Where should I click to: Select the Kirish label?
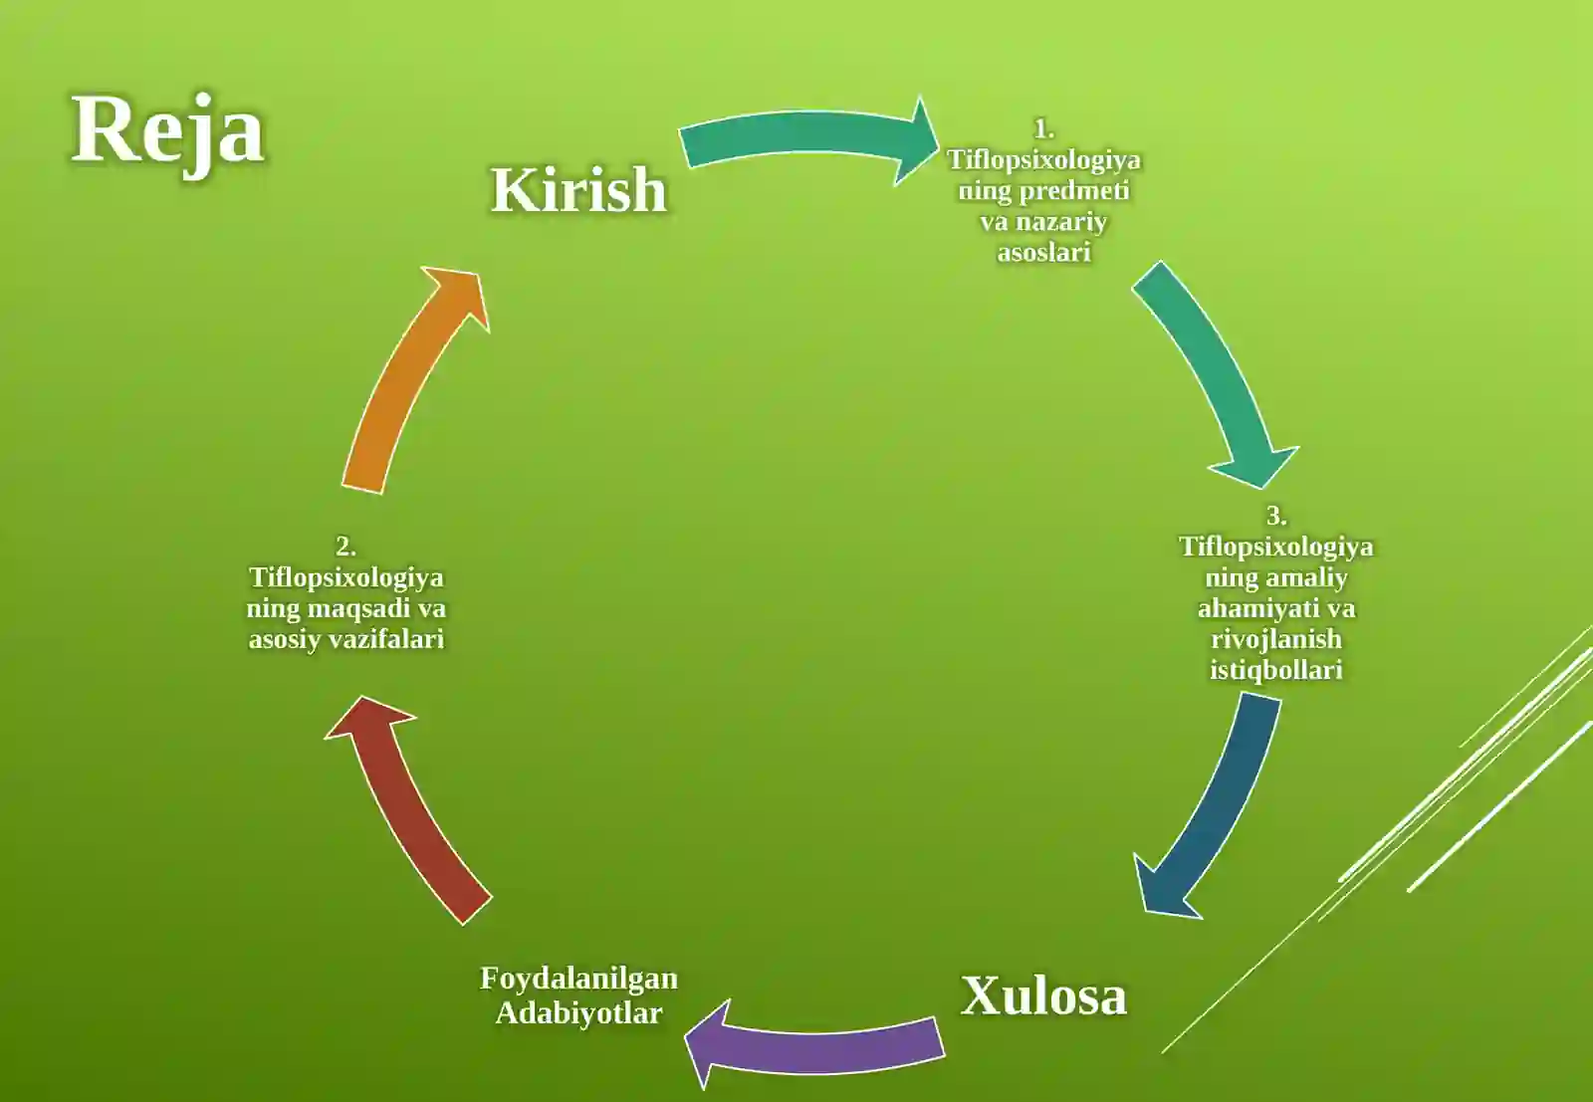[x=578, y=190]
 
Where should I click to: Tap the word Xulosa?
[x=1044, y=996]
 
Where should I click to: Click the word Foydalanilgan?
[x=578, y=980]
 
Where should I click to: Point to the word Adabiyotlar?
[x=578, y=1013]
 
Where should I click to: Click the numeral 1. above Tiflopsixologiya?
[x=1044, y=129]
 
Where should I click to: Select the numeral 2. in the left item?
[x=345, y=547]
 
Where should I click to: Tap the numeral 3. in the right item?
[x=1276, y=517]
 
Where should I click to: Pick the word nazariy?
[x=1061, y=223]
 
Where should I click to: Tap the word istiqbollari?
[x=1276, y=670]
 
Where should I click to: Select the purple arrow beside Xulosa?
[x=814, y=1045]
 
